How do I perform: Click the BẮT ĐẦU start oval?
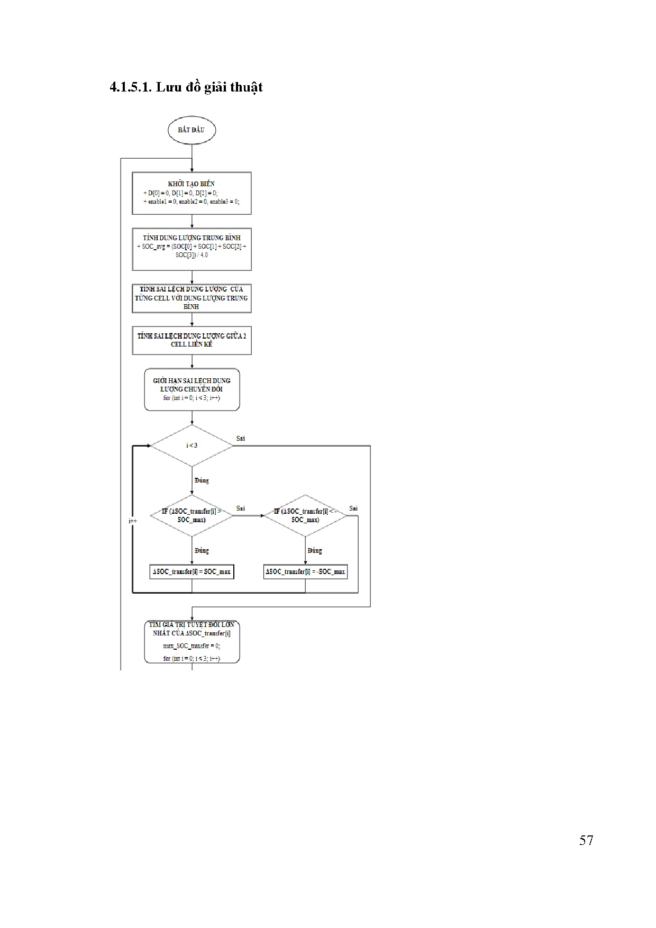pos(192,130)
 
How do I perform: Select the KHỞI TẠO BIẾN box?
pos(192,193)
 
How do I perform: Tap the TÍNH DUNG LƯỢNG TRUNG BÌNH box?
pos(192,249)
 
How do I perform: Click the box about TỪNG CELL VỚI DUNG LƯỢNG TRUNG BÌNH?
pos(192,298)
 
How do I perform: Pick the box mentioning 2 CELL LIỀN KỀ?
pos(192,340)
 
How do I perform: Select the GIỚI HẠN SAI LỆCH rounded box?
pos(192,389)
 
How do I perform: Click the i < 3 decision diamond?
pos(192,445)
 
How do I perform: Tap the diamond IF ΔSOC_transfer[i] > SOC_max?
pos(192,516)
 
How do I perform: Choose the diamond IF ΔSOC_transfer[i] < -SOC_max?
pos(305,516)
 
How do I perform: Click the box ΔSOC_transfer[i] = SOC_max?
pos(192,571)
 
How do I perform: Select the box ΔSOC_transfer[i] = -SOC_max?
pos(305,571)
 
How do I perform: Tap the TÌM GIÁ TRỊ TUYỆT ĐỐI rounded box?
pos(192,642)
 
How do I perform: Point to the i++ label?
pos(133,521)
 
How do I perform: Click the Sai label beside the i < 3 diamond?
pos(241,439)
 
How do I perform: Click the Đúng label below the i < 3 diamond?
pos(202,480)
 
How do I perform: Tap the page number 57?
pos(586,841)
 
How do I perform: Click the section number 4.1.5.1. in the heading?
pos(131,87)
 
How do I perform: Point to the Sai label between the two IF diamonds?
pos(241,508)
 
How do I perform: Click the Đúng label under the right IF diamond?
pos(315,551)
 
